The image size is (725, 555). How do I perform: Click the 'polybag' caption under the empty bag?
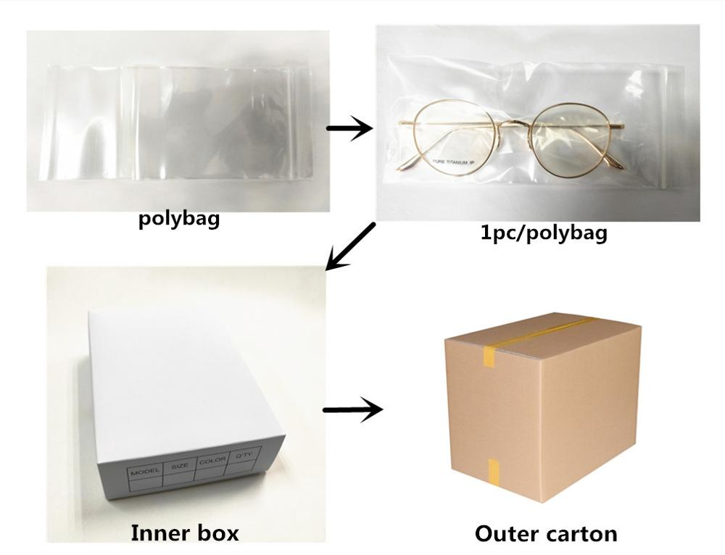[178, 219]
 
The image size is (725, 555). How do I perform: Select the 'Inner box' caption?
[184, 534]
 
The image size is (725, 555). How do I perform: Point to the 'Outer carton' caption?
[546, 535]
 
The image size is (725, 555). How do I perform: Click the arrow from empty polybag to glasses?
[349, 129]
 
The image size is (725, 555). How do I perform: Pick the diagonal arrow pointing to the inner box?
[351, 247]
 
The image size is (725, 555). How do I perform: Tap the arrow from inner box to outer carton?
[352, 411]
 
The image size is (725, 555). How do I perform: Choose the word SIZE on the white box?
[179, 467]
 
